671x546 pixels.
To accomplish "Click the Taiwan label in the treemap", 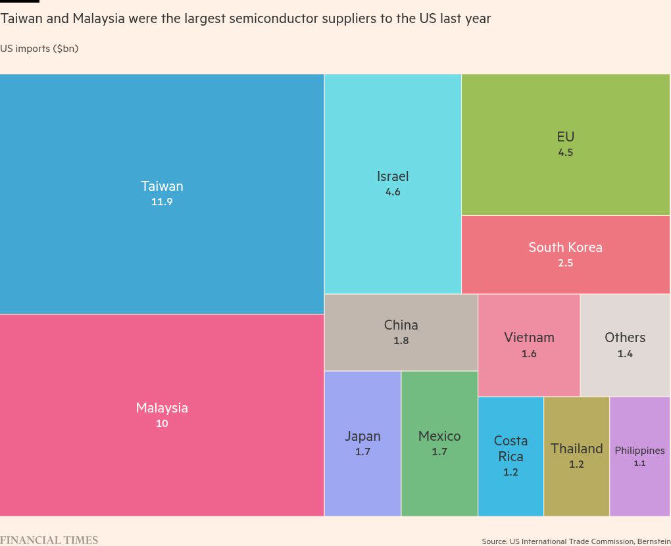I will point(162,186).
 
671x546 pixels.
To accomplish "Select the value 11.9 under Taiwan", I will point(162,202).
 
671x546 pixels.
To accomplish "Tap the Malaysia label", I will point(162,408).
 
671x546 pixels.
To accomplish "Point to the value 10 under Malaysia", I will point(162,424).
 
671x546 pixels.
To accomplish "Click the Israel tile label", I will point(393,176).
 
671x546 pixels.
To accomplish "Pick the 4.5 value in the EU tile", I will point(566,153).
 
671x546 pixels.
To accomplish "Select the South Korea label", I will point(565,247).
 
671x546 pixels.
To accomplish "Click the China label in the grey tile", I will point(401,325).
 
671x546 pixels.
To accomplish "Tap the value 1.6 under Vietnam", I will point(529,354).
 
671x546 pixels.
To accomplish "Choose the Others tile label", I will point(625,337).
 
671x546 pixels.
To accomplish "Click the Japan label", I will point(362,436).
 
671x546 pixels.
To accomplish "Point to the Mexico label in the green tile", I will point(439,436).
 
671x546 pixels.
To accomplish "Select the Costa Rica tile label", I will point(510,449).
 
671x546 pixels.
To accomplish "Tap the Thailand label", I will point(576,449).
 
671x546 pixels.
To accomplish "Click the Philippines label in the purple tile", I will point(639,451).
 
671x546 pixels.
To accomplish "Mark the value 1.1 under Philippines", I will point(639,463).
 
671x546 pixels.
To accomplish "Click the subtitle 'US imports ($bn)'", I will point(39,49).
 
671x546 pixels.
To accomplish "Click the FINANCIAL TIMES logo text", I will point(49,540).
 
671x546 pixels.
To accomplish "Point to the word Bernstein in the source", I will point(653,541).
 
